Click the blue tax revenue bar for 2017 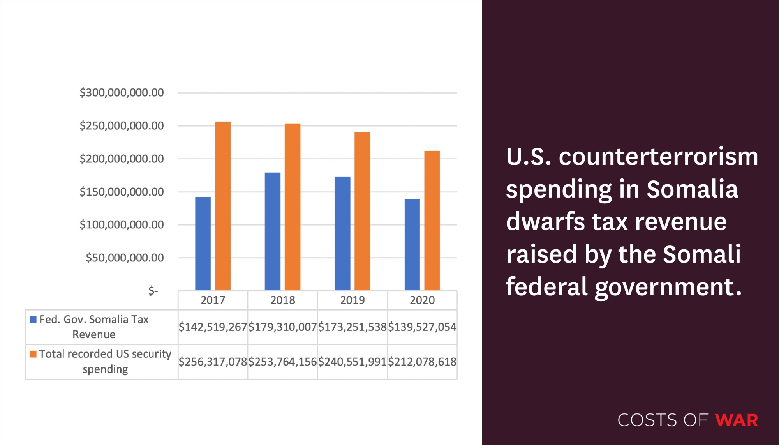click(203, 244)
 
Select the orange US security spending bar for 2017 click(223, 206)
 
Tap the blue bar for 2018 click(272, 231)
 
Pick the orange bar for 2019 click(362, 211)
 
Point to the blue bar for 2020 click(412, 245)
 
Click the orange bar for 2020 click(432, 221)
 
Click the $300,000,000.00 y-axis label click(122, 93)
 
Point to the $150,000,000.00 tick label click(122, 192)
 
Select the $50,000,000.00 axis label click(125, 258)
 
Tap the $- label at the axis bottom click(153, 291)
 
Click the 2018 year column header click(283, 300)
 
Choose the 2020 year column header click(422, 300)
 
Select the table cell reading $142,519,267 click(213, 327)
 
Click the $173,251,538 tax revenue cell click(352, 327)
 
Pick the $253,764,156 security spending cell click(283, 362)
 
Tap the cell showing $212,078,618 click(422, 362)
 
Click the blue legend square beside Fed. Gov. click(33, 320)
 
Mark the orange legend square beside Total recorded click(33, 354)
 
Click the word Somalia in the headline click(692, 189)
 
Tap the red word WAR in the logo click(737, 420)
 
